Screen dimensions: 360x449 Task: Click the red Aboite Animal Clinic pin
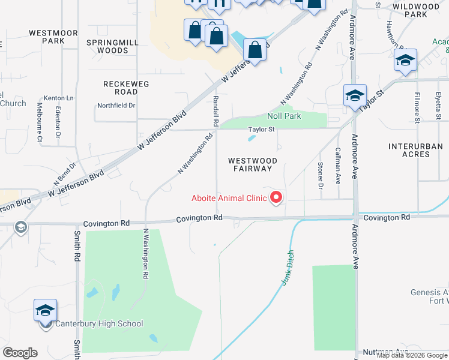point(276,197)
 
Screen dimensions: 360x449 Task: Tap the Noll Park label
point(284,116)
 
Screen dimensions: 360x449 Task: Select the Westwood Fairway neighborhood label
point(252,164)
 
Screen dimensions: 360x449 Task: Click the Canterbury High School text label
point(100,324)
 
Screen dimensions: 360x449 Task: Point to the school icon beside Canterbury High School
point(45,311)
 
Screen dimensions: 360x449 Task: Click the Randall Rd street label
point(215,111)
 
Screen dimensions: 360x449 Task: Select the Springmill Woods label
point(107,46)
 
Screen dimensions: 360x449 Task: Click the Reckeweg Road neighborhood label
point(126,88)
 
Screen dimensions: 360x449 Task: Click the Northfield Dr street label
point(116,106)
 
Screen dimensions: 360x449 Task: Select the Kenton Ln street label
point(58,98)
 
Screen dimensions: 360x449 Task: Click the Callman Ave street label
point(338,166)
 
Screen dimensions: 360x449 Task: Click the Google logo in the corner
point(20,353)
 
